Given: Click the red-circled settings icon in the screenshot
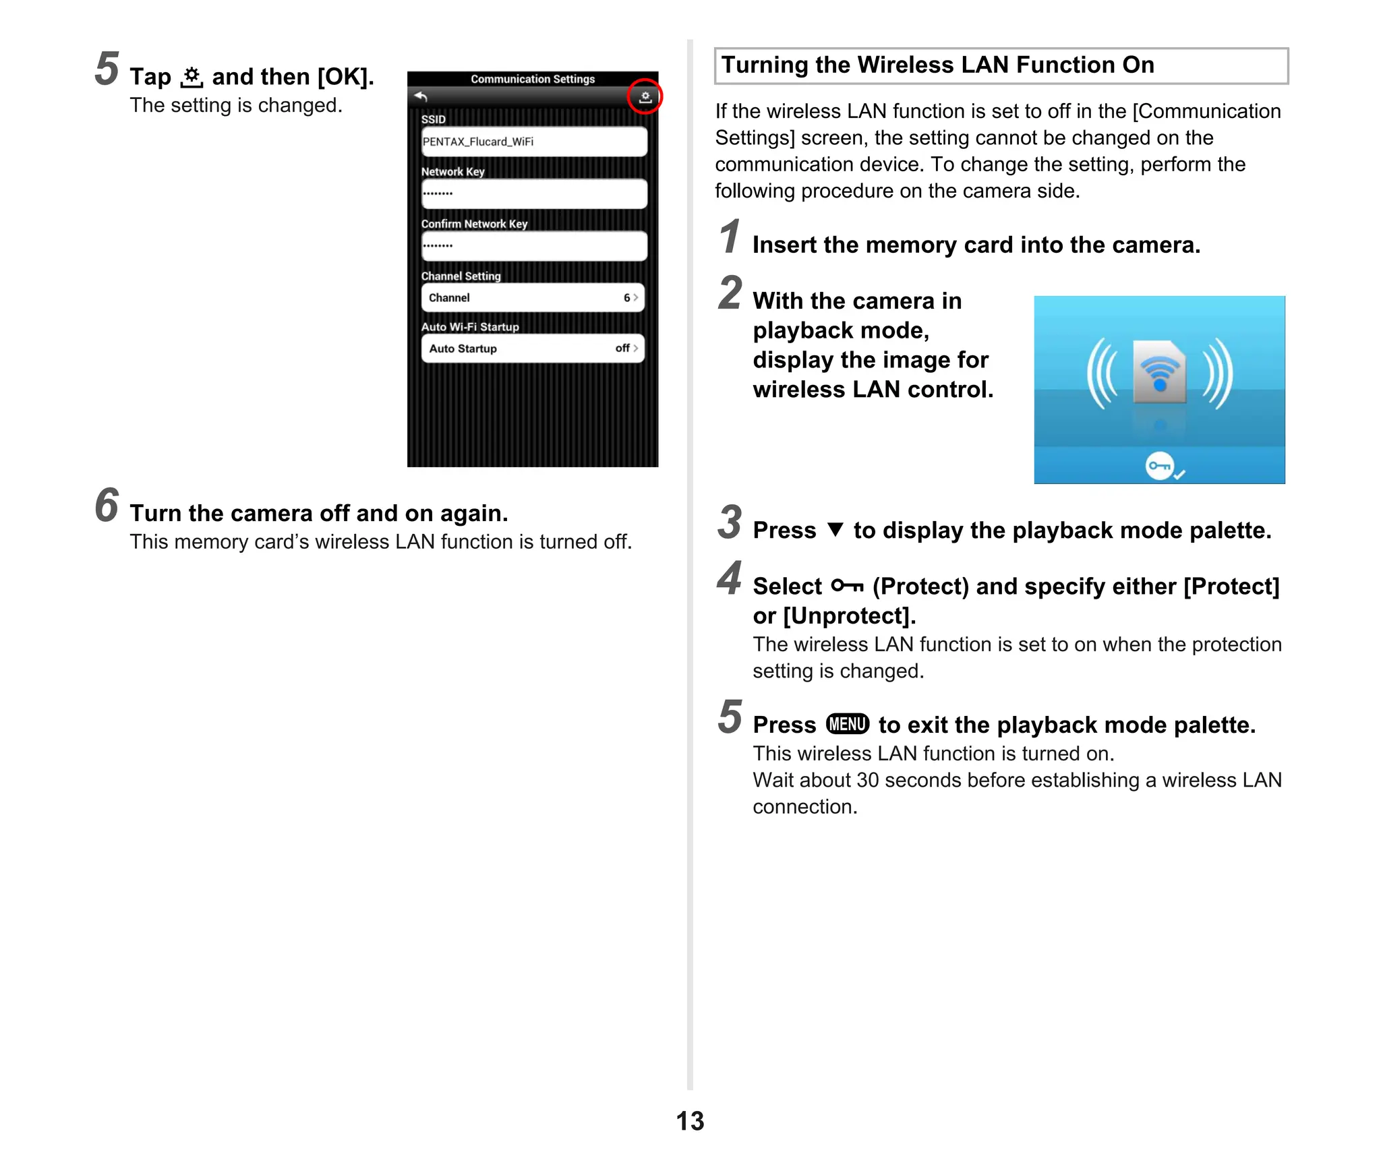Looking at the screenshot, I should [x=645, y=97].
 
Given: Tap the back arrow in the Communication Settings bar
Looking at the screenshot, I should [x=421, y=97].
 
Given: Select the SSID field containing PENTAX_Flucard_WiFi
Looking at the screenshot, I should [x=533, y=142].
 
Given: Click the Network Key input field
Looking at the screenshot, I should [x=533, y=193].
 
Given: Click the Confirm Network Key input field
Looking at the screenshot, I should [x=533, y=245].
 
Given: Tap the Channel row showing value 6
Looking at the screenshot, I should [x=533, y=297].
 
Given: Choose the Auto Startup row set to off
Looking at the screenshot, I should [x=533, y=349].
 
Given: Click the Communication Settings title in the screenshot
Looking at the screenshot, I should [x=533, y=79].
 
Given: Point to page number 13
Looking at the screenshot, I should [x=690, y=1121].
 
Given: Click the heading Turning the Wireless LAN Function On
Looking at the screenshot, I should [x=937, y=65].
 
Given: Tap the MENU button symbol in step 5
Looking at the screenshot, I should [x=848, y=724].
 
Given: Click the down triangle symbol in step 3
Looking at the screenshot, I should [x=835, y=529].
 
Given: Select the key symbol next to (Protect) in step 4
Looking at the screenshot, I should [x=847, y=586].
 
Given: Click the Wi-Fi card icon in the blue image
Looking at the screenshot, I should [x=1159, y=372].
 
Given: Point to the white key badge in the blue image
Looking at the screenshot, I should [x=1160, y=466].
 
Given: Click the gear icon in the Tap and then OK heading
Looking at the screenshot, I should [x=192, y=78].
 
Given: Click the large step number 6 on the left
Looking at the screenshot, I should [x=107, y=505].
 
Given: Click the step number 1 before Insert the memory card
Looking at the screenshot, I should [x=729, y=237].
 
